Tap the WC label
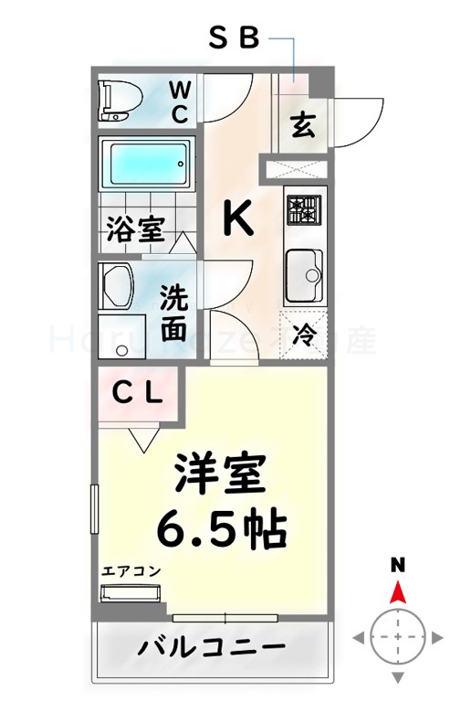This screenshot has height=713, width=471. [181, 101]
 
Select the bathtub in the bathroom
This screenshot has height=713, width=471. [146, 165]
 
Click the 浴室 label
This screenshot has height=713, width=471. [135, 229]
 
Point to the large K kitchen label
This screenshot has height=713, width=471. [238, 219]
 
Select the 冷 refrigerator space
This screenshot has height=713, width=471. [304, 335]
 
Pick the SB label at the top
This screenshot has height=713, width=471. [235, 38]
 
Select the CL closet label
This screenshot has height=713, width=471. [138, 394]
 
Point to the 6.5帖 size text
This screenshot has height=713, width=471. [222, 526]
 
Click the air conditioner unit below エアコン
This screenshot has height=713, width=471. [130, 593]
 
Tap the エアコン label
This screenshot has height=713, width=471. [131, 571]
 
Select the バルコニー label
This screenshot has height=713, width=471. [212, 648]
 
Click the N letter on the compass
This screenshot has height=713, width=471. [398, 565]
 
